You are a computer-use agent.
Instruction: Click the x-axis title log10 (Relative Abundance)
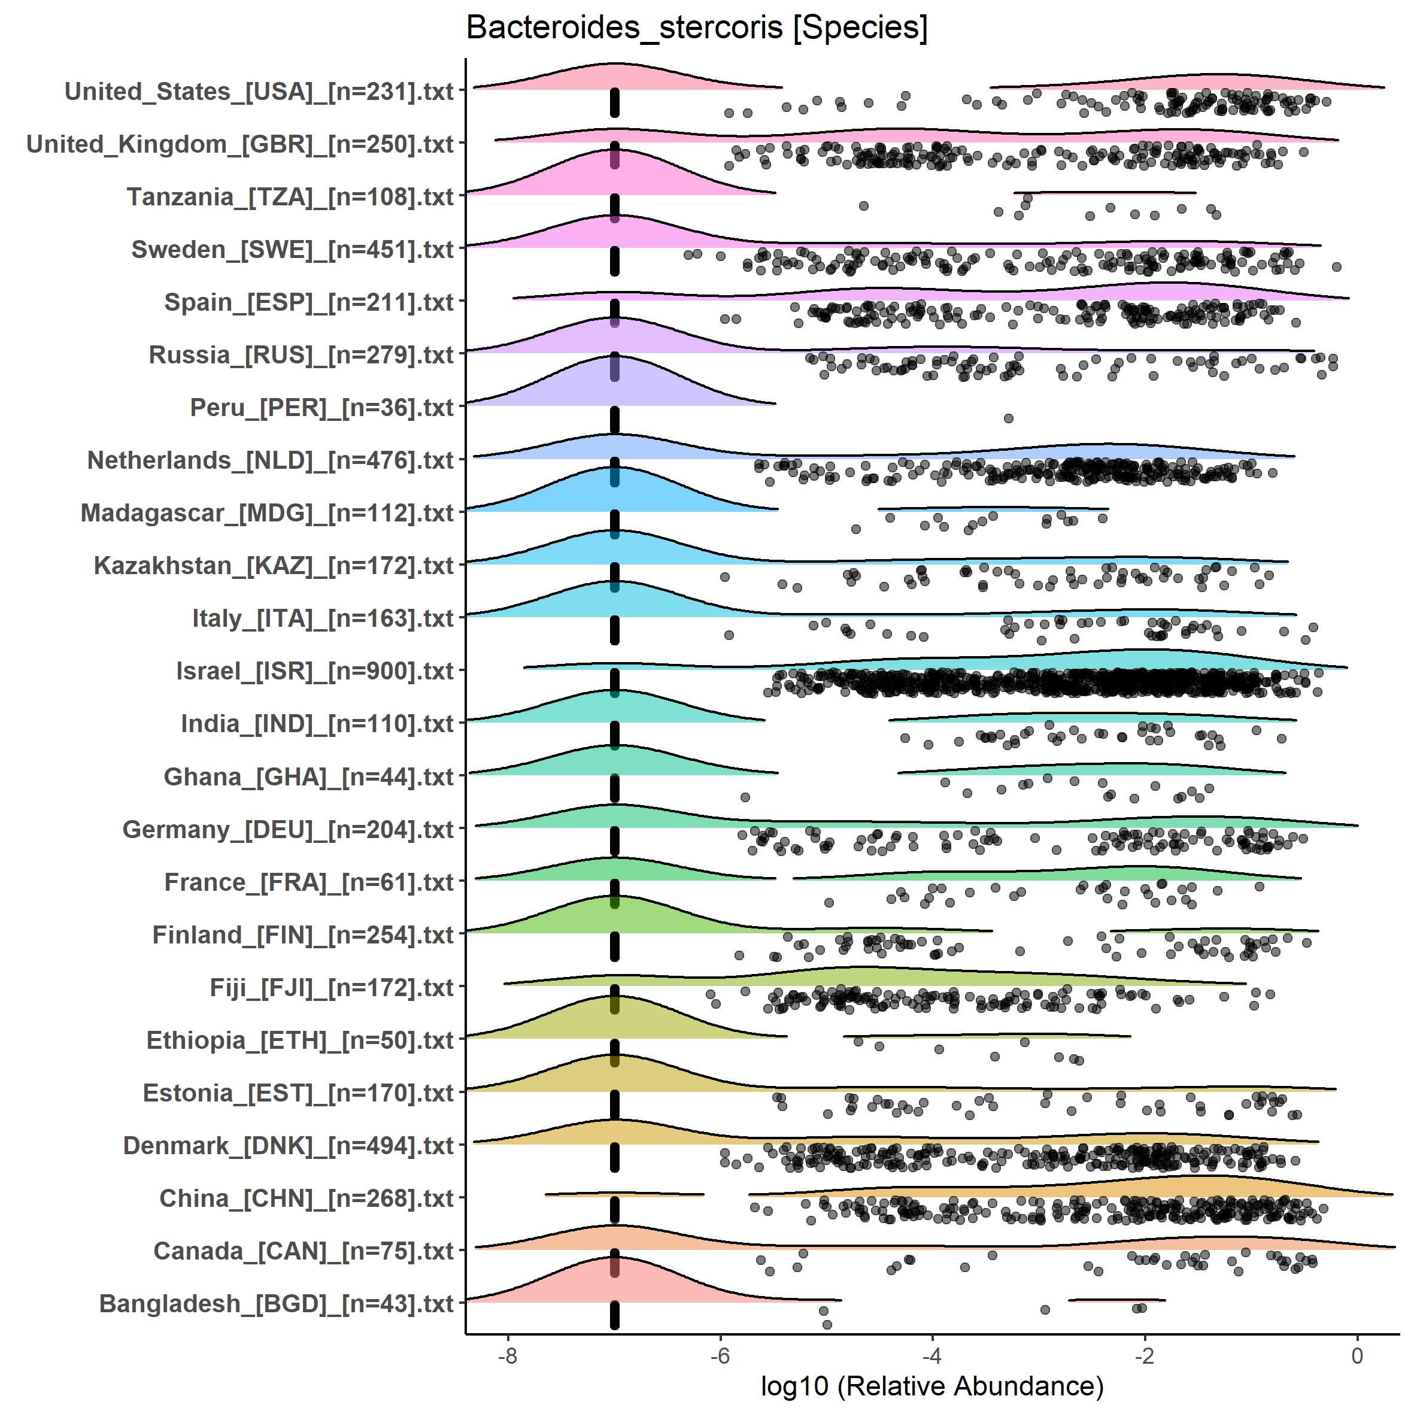tap(931, 1385)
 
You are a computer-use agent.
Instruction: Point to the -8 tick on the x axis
tap(507, 1355)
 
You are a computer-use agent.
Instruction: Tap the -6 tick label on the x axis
tap(720, 1355)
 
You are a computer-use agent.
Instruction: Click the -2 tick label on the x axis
tap(1145, 1355)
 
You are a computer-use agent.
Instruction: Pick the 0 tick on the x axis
tap(1358, 1355)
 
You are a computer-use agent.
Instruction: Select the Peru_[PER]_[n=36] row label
tap(322, 408)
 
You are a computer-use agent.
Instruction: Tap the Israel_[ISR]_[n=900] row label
tap(315, 671)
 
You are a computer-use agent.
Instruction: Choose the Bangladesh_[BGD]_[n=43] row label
tap(277, 1303)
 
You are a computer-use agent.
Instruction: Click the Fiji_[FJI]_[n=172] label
tap(332, 987)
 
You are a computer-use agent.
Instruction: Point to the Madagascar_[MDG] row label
tap(267, 513)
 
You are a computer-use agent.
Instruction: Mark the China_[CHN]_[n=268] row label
tap(307, 1198)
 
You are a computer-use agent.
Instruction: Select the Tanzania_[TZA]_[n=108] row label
tap(290, 197)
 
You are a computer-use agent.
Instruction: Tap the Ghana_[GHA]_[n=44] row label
tap(309, 776)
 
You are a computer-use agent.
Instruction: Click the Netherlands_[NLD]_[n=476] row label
tap(271, 460)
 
